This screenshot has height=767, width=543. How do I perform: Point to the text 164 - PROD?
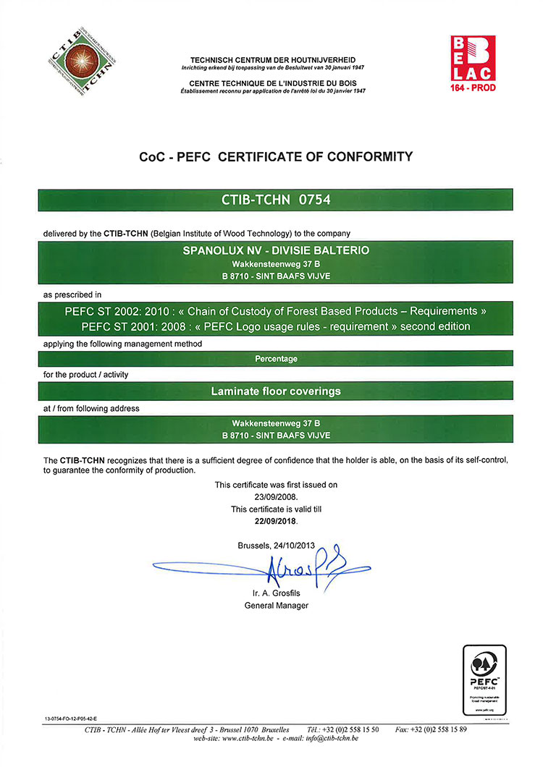472,88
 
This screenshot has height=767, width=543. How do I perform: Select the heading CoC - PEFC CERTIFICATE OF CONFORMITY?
275,156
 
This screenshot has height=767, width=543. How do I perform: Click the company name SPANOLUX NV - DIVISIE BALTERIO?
275,250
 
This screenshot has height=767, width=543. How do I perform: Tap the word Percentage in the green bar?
276,359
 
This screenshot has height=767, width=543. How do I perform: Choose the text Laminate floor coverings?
275,391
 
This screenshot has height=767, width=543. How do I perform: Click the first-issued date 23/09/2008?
275,498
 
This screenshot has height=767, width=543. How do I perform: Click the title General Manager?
276,606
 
